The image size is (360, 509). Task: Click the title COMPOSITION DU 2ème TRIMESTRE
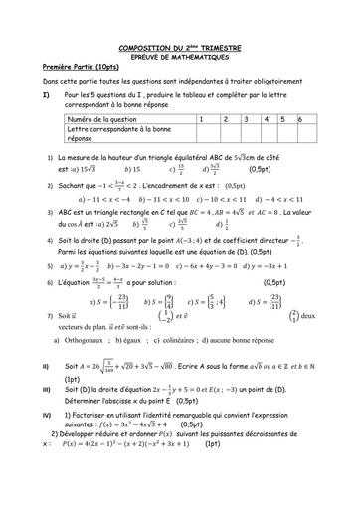[180, 47]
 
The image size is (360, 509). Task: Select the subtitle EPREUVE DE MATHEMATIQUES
[180, 56]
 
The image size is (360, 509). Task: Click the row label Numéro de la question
[104, 118]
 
